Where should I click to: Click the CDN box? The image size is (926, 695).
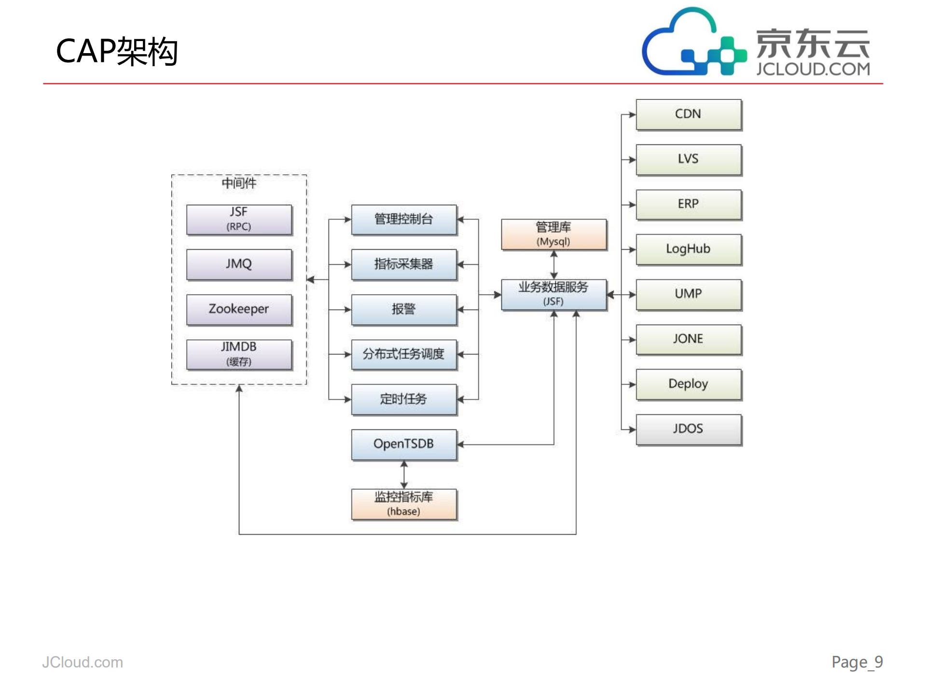coord(688,114)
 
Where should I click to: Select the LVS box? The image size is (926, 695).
coord(688,159)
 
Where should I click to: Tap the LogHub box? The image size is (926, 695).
coord(688,249)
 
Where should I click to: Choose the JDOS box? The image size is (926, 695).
coord(688,429)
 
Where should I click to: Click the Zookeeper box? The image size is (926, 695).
coord(239,309)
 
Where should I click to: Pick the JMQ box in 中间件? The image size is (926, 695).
coord(239,264)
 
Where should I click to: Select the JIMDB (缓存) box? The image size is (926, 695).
coord(239,354)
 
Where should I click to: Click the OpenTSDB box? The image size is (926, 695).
coord(403,444)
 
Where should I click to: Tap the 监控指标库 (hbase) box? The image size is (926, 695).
coord(403,504)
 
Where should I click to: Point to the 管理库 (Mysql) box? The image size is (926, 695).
coord(553,234)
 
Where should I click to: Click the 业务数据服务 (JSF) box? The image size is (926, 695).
coord(553,294)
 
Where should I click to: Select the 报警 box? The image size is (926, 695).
coord(403,309)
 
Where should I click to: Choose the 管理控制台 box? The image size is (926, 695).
coord(403,219)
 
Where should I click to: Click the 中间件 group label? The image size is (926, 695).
coord(239,183)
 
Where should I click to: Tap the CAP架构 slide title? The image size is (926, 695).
coord(117,51)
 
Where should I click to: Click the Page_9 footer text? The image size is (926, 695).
coord(857,662)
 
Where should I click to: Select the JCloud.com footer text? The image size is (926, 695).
coord(83,662)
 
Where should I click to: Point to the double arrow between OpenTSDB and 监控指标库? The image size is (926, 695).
coord(404,474)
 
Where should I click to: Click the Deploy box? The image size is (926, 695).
coord(688,384)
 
